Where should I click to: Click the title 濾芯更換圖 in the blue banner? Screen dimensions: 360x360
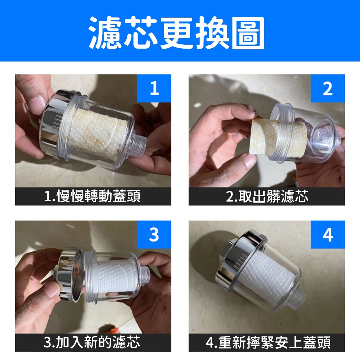(176, 33)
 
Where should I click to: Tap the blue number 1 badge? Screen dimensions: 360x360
(154, 88)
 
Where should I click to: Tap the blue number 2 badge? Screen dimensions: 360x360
(328, 88)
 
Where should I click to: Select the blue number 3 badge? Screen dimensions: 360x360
(154, 234)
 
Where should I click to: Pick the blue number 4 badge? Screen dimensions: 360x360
(328, 234)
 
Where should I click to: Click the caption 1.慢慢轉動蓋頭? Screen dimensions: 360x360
(92, 197)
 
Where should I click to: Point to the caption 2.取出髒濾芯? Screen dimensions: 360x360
(267, 197)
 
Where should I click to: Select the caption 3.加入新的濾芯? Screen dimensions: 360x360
(91, 343)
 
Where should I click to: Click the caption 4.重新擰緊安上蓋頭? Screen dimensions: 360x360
(268, 343)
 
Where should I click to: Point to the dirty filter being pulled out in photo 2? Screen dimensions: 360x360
(278, 138)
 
